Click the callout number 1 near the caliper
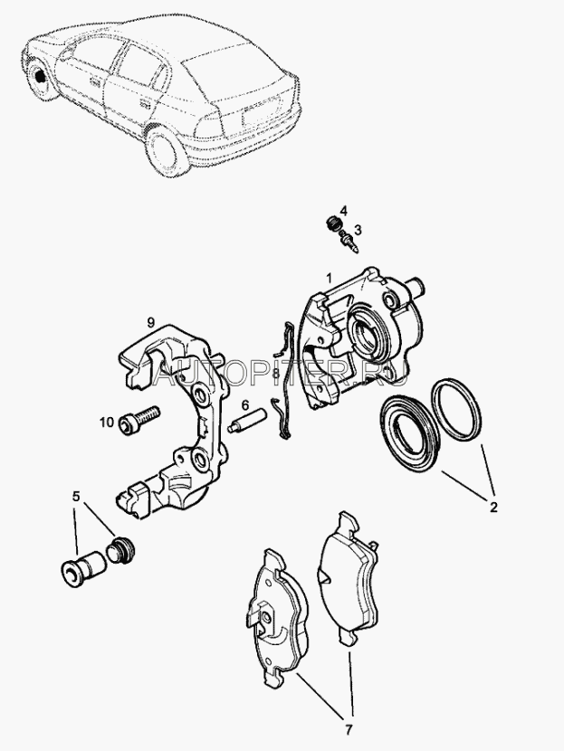[x=329, y=278]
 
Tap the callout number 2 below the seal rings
[x=493, y=507]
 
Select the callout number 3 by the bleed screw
[x=358, y=230]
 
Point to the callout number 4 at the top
[x=344, y=210]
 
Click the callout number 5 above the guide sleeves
[x=76, y=497]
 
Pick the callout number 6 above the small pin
[x=244, y=406]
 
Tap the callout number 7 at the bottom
[x=349, y=729]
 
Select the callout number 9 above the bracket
[x=151, y=322]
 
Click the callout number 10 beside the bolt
[x=107, y=422]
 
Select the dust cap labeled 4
[x=331, y=223]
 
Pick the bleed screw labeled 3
[x=349, y=240]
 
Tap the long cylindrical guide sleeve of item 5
[x=83, y=568]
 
